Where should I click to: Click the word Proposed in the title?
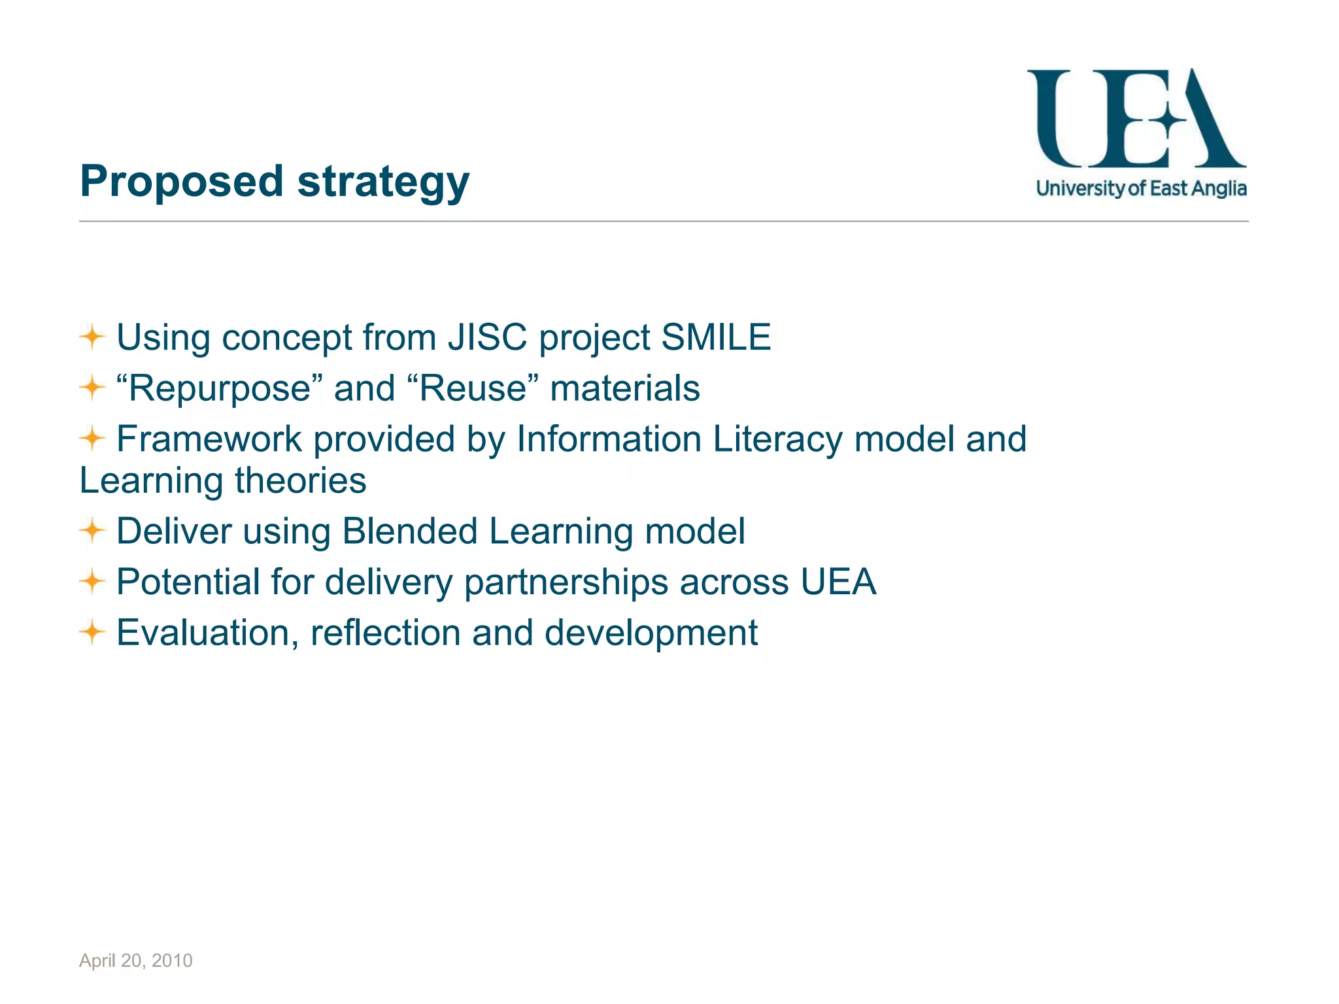[181, 182]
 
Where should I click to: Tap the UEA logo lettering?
[1136, 119]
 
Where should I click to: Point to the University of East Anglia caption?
[1141, 189]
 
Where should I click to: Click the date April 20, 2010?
[136, 960]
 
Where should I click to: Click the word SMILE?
[716, 337]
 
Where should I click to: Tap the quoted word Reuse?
[473, 388]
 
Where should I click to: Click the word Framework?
[209, 439]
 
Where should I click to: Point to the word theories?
[301, 480]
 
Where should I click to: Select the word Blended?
[409, 531]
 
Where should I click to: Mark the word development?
[651, 633]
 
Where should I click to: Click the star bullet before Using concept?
[92, 337]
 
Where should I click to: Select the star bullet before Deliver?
[92, 531]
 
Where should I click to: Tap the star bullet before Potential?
[92, 581]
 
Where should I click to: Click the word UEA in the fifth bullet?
[838, 582]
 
